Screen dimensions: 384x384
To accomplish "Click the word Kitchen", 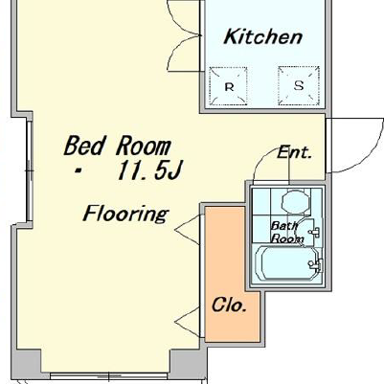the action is click(x=262, y=36).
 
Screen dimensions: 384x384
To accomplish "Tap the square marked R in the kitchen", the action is click(x=228, y=86).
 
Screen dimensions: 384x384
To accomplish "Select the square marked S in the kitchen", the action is click(x=299, y=85).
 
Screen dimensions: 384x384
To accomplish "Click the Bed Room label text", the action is click(x=118, y=146).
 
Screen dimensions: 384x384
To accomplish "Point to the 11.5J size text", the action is click(x=149, y=169).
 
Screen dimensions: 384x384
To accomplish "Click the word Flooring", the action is click(x=125, y=214).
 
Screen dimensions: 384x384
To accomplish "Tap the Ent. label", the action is click(x=294, y=152).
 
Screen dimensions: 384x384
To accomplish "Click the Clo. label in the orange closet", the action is click(x=229, y=305).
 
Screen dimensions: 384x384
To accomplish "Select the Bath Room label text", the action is click(x=286, y=233).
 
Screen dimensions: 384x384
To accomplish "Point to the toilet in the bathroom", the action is click(x=296, y=202).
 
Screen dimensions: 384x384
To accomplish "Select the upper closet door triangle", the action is click(x=189, y=230).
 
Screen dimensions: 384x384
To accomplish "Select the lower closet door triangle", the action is click(x=189, y=322).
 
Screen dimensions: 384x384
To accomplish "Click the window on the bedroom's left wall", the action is click(x=30, y=170).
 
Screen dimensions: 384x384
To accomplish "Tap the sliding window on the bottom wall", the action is click(x=108, y=376).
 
